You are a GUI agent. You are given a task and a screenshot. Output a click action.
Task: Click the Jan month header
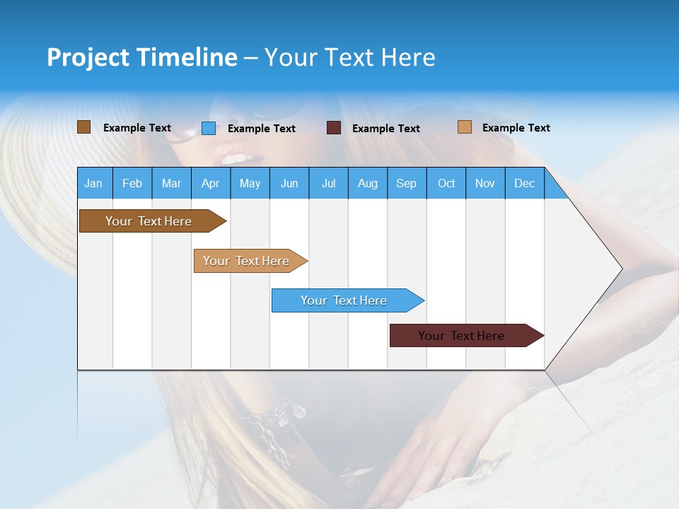(93, 183)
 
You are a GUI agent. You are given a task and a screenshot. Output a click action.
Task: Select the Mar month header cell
(171, 183)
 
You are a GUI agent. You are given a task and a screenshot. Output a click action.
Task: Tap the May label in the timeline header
(250, 183)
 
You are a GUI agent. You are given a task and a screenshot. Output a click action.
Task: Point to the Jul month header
(328, 183)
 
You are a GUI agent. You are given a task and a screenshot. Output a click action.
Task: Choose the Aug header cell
(368, 183)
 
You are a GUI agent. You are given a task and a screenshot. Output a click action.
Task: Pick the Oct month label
(446, 183)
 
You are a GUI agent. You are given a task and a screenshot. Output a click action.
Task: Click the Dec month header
(525, 183)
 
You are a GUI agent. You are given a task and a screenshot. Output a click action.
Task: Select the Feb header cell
(132, 183)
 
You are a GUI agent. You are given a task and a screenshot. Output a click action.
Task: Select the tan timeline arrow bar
(248, 261)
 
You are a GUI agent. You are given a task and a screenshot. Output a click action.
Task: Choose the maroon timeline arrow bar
(463, 336)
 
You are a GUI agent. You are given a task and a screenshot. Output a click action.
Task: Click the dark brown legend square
(83, 127)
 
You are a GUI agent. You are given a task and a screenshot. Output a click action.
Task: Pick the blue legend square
(209, 128)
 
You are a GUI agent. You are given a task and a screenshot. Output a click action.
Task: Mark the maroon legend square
(334, 128)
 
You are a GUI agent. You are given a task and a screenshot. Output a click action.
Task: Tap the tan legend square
(465, 127)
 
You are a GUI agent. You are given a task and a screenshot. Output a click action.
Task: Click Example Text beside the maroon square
(386, 129)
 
